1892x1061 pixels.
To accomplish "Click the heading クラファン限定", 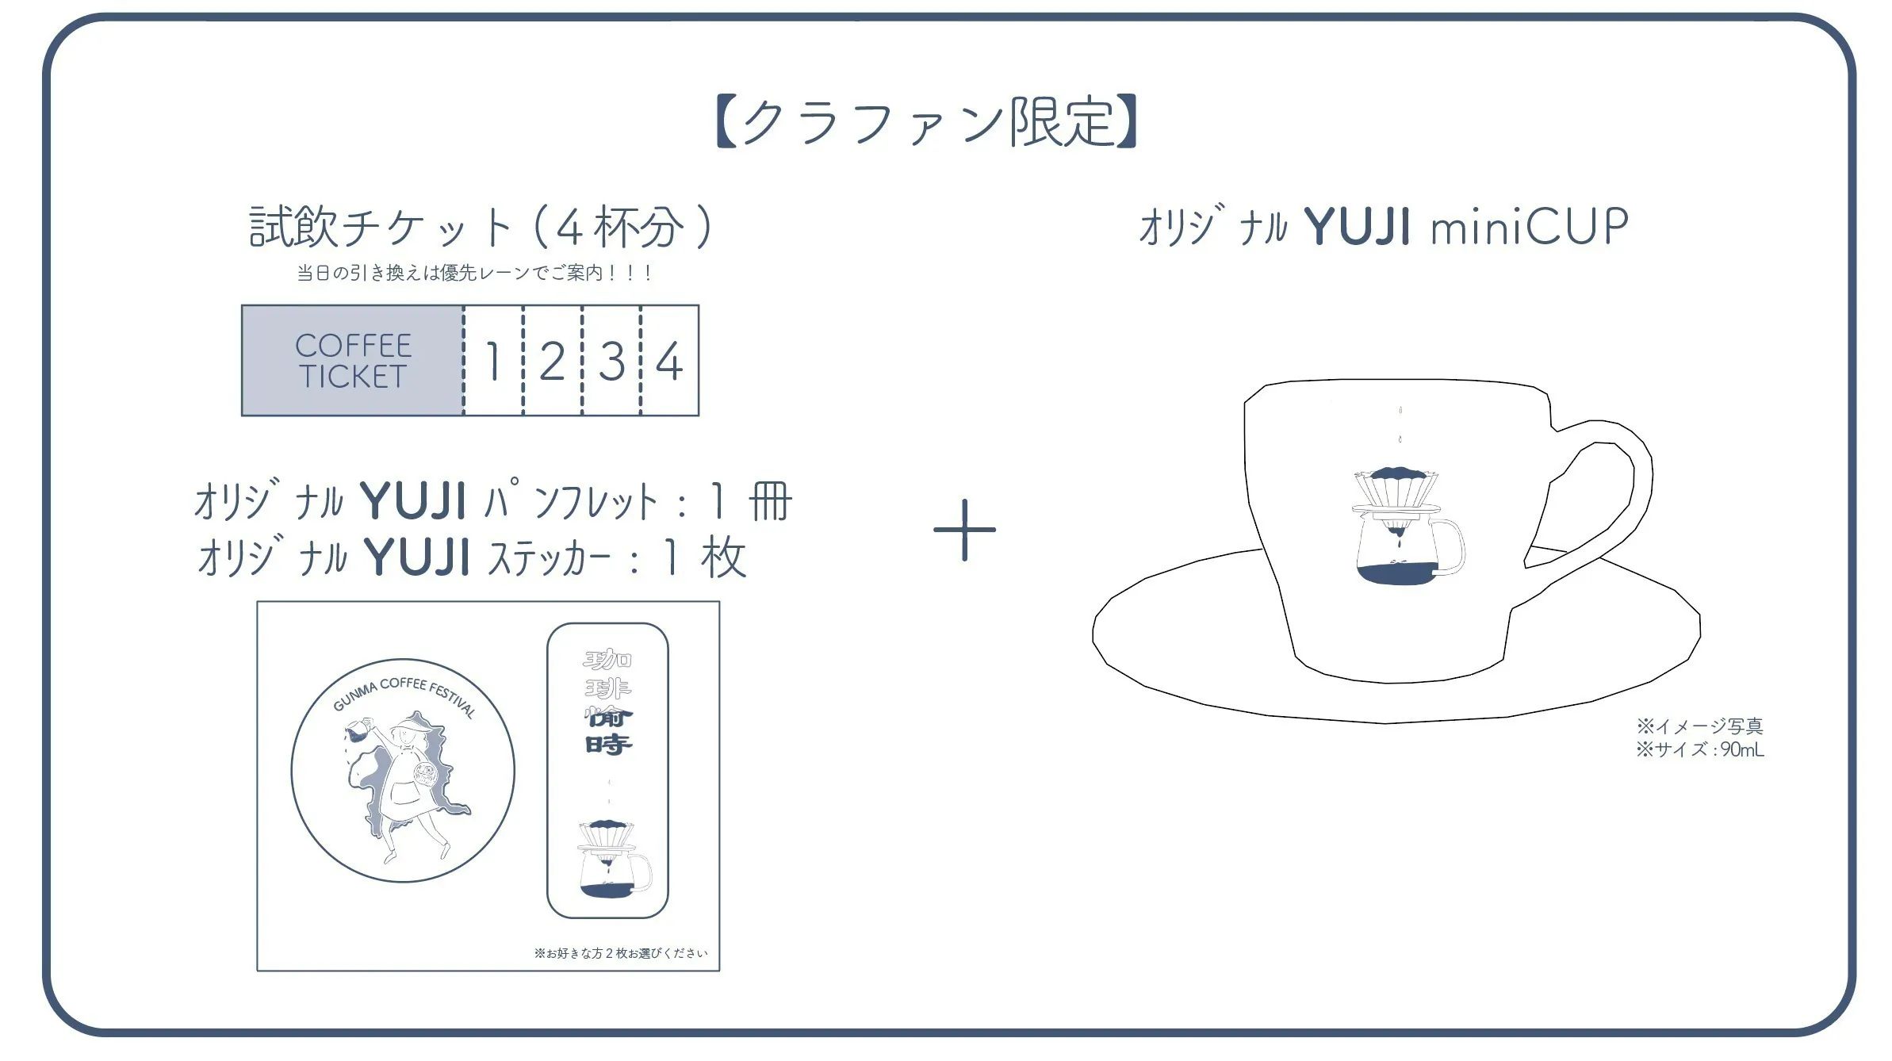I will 926,122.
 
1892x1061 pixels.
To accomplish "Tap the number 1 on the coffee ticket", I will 493,362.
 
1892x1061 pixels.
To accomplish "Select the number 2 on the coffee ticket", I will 552,362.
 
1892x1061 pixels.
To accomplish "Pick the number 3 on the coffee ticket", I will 611,362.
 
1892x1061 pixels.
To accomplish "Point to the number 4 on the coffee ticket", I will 669,362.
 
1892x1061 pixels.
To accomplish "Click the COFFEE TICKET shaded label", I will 353,361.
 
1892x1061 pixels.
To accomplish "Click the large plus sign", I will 964,530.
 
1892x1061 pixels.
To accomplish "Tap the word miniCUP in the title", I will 1530,227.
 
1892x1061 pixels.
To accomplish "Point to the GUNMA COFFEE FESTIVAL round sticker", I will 403,770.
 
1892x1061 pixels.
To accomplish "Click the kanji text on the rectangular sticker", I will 608,702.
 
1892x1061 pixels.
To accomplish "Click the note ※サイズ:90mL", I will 1699,749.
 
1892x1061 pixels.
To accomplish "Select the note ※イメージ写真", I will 1699,726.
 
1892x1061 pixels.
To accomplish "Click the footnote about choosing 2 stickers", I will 620,953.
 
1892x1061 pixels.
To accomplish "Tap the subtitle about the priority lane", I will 473,273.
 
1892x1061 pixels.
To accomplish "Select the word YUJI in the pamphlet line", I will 413,501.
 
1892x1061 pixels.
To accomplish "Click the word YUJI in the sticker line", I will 418,557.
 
